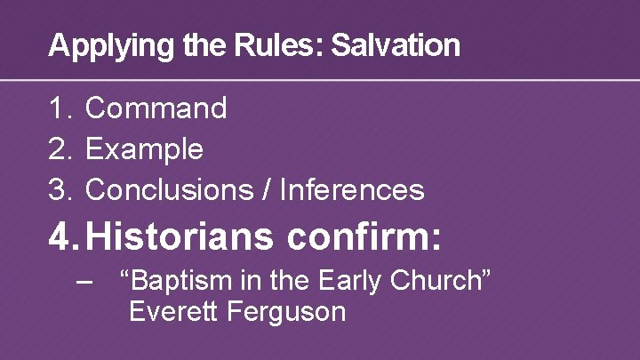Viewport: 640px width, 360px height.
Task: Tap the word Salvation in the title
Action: [396, 45]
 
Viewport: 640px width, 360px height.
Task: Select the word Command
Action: [156, 108]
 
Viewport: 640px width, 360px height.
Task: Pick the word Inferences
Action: [352, 189]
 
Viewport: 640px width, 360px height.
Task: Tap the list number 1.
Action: [59, 108]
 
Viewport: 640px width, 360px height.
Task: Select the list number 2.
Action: [60, 149]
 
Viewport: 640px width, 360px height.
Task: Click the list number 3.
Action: [60, 189]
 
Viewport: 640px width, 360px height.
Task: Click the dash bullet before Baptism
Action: [85, 282]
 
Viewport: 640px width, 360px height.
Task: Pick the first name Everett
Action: [171, 312]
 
